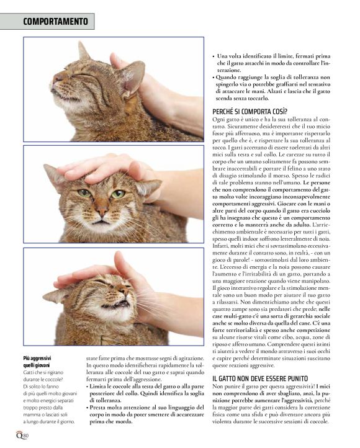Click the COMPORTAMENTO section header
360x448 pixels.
coord(55,22)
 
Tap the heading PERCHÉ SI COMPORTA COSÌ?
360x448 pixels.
coord(250,112)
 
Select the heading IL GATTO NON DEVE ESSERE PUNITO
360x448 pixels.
coord(260,379)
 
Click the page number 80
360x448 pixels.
coord(26,436)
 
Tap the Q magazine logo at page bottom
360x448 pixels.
coord(19,435)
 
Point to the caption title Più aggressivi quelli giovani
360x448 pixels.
coord(37,362)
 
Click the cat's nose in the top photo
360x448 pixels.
coord(57,77)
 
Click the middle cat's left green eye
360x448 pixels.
coord(84,194)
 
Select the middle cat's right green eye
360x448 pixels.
coord(118,194)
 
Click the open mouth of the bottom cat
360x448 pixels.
coord(114,305)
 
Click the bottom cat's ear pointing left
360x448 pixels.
coord(56,296)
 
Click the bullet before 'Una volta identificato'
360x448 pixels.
coord(214,56)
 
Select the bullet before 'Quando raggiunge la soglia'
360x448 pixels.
coord(214,78)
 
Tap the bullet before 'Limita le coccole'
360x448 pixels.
coord(88,387)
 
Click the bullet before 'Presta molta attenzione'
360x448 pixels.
coord(88,408)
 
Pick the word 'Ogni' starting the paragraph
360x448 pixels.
coord(217,120)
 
